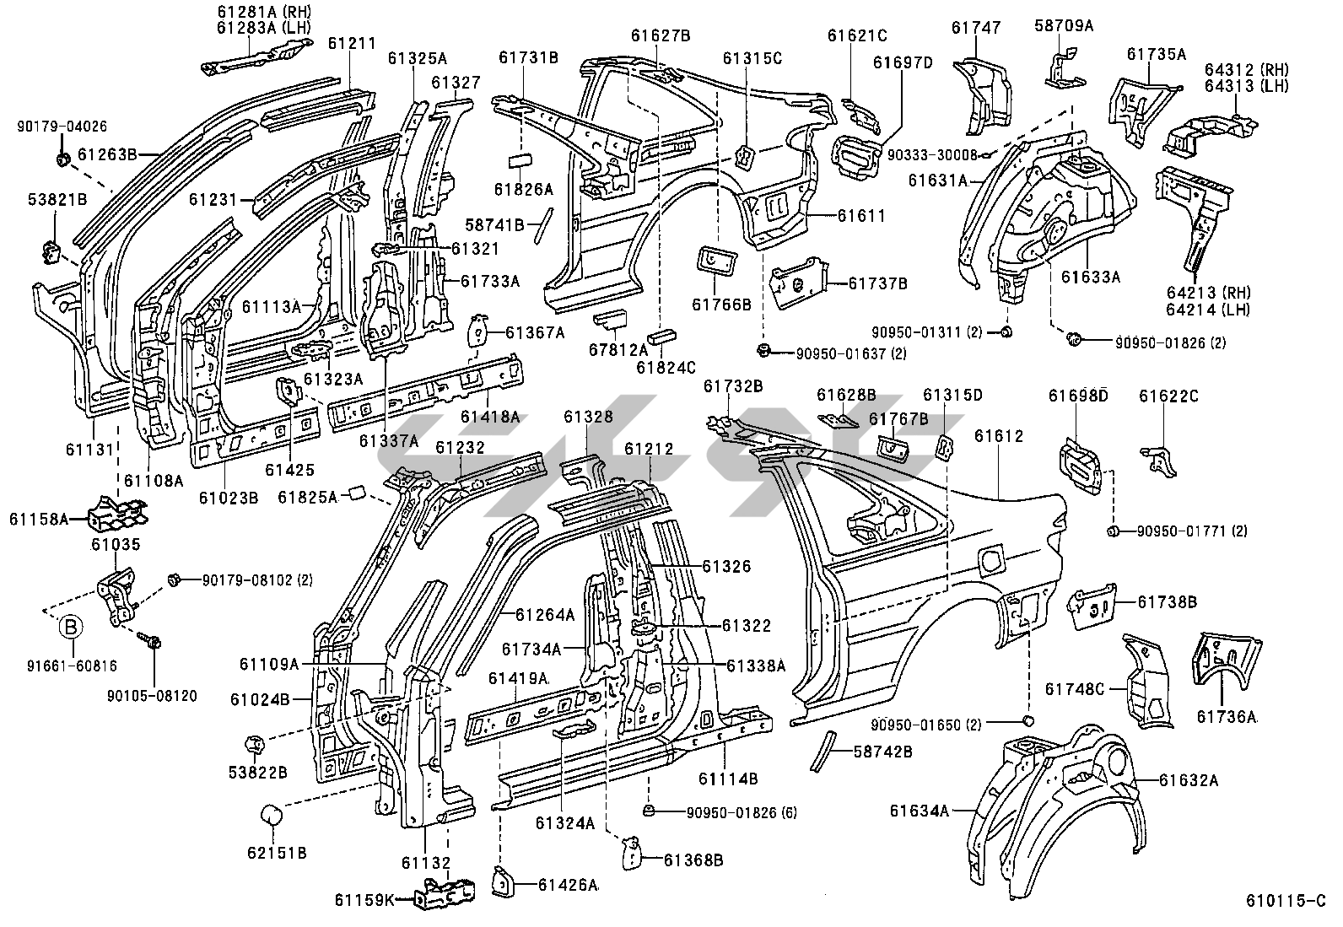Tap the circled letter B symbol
coord(72,627)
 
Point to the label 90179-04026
coord(62,127)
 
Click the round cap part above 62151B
coord(272,816)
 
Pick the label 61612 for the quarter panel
coord(999,436)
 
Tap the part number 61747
coord(975,28)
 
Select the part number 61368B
coord(693,860)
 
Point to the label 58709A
coord(1064,26)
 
